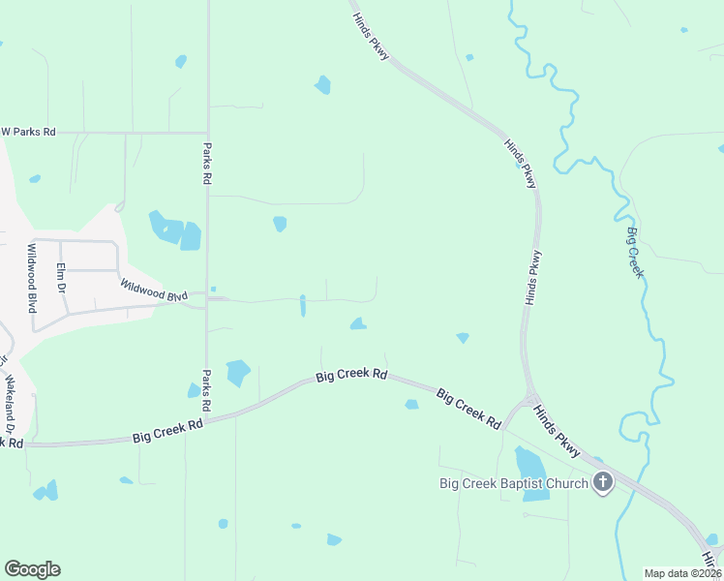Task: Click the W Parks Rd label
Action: pyautogui.click(x=29, y=131)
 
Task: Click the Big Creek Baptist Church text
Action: pyautogui.click(x=514, y=483)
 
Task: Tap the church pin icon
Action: pyautogui.click(x=603, y=482)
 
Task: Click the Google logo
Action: pyautogui.click(x=32, y=569)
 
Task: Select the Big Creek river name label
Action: pyautogui.click(x=635, y=253)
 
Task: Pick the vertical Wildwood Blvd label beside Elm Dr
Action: pyautogui.click(x=31, y=277)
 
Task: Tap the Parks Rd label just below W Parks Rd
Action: pyautogui.click(x=206, y=164)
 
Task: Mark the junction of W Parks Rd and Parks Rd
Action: pyautogui.click(x=207, y=132)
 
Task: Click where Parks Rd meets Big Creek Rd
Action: pyautogui.click(x=207, y=418)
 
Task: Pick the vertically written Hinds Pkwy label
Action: pyautogui.click(x=533, y=279)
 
